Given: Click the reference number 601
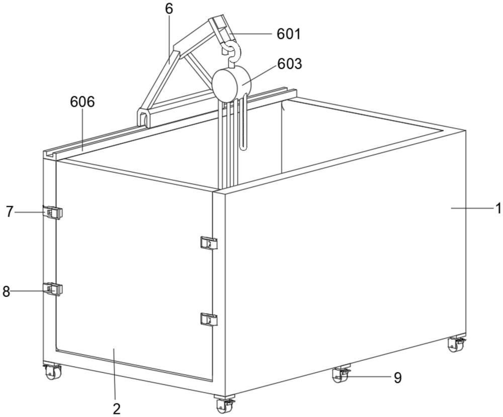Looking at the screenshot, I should (x=288, y=34).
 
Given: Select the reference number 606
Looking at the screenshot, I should (x=82, y=101).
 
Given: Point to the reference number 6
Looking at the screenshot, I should (x=168, y=9).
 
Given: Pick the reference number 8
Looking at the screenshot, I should (x=6, y=291).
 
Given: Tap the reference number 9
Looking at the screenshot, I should (x=397, y=378).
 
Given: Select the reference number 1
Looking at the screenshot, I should (x=498, y=208).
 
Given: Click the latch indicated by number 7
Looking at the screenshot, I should (x=52, y=213).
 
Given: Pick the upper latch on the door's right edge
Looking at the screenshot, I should (x=209, y=243).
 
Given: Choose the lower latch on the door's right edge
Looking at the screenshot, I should (x=209, y=319).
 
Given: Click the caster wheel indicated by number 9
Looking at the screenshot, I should (x=340, y=374).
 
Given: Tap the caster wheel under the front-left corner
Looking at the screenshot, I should (x=51, y=372).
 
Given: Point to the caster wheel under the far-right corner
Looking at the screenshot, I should (x=456, y=344).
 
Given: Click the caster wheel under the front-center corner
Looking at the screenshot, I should (x=224, y=404).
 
